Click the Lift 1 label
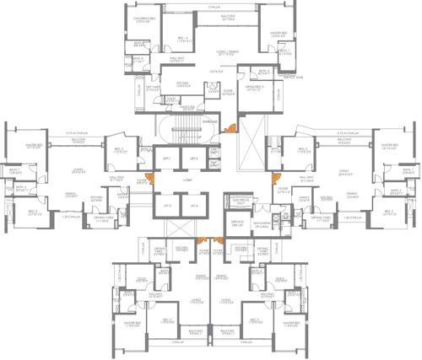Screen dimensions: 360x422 [167, 159]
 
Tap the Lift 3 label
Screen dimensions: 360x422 [167, 206]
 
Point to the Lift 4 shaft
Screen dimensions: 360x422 [193, 206]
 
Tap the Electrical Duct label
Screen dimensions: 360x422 [236, 201]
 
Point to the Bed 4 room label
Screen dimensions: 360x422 [183, 38]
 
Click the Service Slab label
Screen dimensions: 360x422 [293, 78]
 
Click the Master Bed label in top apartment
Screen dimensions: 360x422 [279, 35]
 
